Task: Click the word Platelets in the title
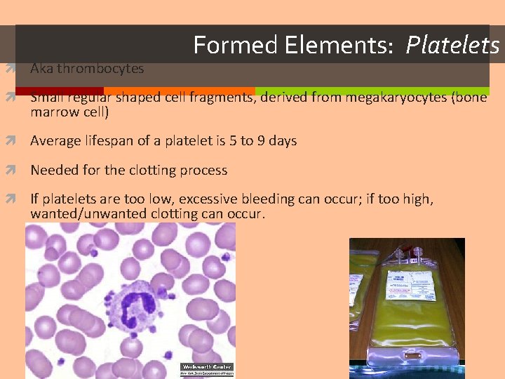(x=452, y=46)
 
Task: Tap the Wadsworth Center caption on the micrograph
(x=207, y=368)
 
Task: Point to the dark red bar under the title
(x=59, y=91)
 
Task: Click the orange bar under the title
(x=179, y=91)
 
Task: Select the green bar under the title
(x=372, y=91)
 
